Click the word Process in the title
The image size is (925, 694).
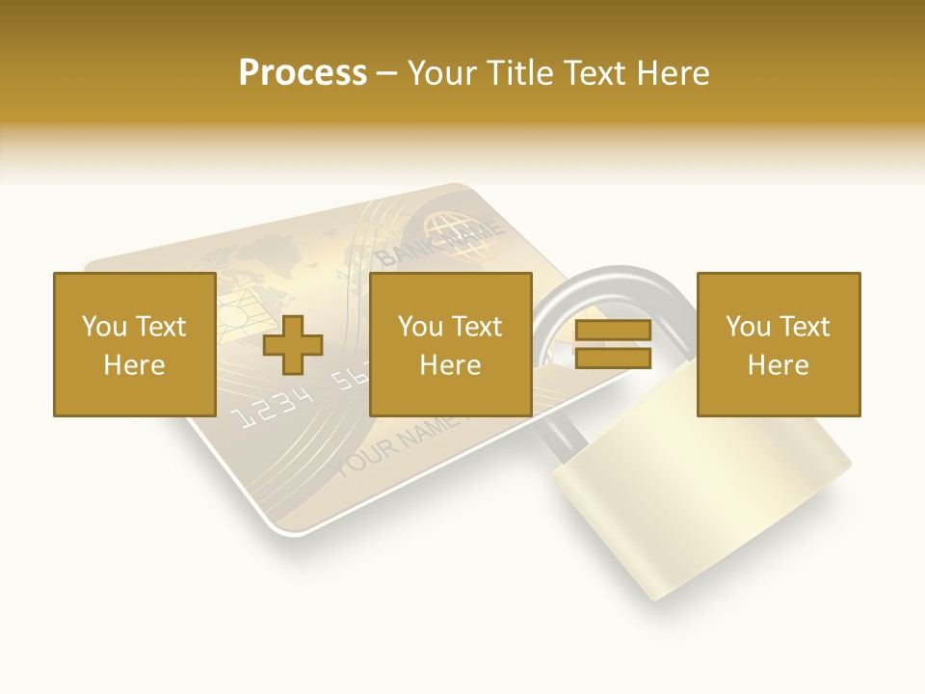pyautogui.click(x=303, y=73)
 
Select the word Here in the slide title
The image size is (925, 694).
pyautogui.click(x=673, y=73)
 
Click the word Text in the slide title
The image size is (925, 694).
pyautogui.click(x=595, y=73)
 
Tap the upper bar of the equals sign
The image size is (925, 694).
pyautogui.click(x=613, y=331)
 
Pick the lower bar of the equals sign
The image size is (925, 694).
pyautogui.click(x=613, y=359)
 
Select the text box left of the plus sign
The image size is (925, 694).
pyautogui.click(x=135, y=344)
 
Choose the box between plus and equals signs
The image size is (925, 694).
pyautogui.click(x=451, y=344)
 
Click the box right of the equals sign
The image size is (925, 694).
pyautogui.click(x=779, y=344)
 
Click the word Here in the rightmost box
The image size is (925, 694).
pyautogui.click(x=778, y=365)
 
